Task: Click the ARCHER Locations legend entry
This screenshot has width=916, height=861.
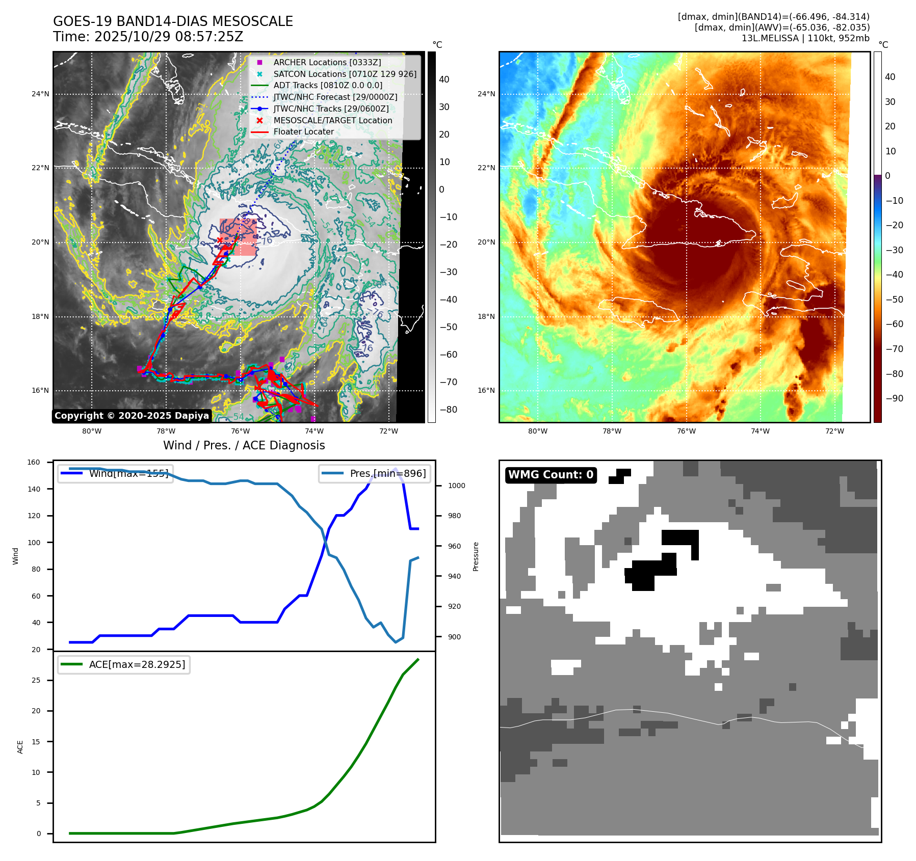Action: [x=327, y=62]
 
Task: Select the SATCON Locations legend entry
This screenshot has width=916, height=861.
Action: [x=345, y=74]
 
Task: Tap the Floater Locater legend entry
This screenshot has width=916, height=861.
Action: [x=303, y=131]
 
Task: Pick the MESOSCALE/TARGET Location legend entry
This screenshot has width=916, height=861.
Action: [x=332, y=120]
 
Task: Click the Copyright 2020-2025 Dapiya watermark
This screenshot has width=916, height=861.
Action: [x=132, y=416]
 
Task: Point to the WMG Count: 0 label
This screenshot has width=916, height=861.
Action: [x=551, y=475]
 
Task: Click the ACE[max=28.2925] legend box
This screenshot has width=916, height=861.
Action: [x=124, y=664]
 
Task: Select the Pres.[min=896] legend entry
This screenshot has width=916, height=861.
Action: [x=375, y=473]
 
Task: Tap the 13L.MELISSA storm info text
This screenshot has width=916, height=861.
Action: [x=805, y=38]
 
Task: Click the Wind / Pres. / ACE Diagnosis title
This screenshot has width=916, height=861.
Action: [x=244, y=445]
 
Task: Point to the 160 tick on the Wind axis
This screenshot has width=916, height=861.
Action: [x=34, y=462]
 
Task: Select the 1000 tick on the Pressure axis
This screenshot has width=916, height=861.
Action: [x=456, y=486]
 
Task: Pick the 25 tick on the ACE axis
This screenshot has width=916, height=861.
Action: [x=36, y=680]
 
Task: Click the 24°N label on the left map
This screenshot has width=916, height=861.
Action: [x=41, y=94]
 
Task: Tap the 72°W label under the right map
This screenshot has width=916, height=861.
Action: [x=834, y=431]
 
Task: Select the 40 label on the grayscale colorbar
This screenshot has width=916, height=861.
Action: [x=444, y=79]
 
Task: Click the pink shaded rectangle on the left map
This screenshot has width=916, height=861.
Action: [x=239, y=237]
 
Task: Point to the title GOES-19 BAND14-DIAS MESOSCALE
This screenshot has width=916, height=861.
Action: [x=173, y=21]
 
